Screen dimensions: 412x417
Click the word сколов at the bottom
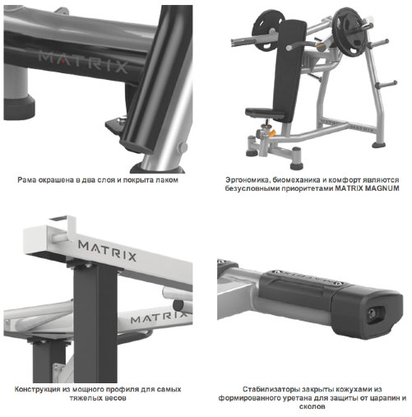point(312,406)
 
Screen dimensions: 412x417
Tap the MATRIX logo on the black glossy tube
point(83,63)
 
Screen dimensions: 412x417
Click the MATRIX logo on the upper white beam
point(107,250)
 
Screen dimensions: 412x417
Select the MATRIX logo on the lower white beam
point(159,317)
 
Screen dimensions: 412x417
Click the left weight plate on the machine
point(266,30)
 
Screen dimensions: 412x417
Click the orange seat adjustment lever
point(271,134)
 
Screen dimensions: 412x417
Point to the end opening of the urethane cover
point(376,313)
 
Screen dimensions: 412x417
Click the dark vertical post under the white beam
point(95,323)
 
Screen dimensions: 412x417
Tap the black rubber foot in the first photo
point(19,108)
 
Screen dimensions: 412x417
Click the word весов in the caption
point(116,398)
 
